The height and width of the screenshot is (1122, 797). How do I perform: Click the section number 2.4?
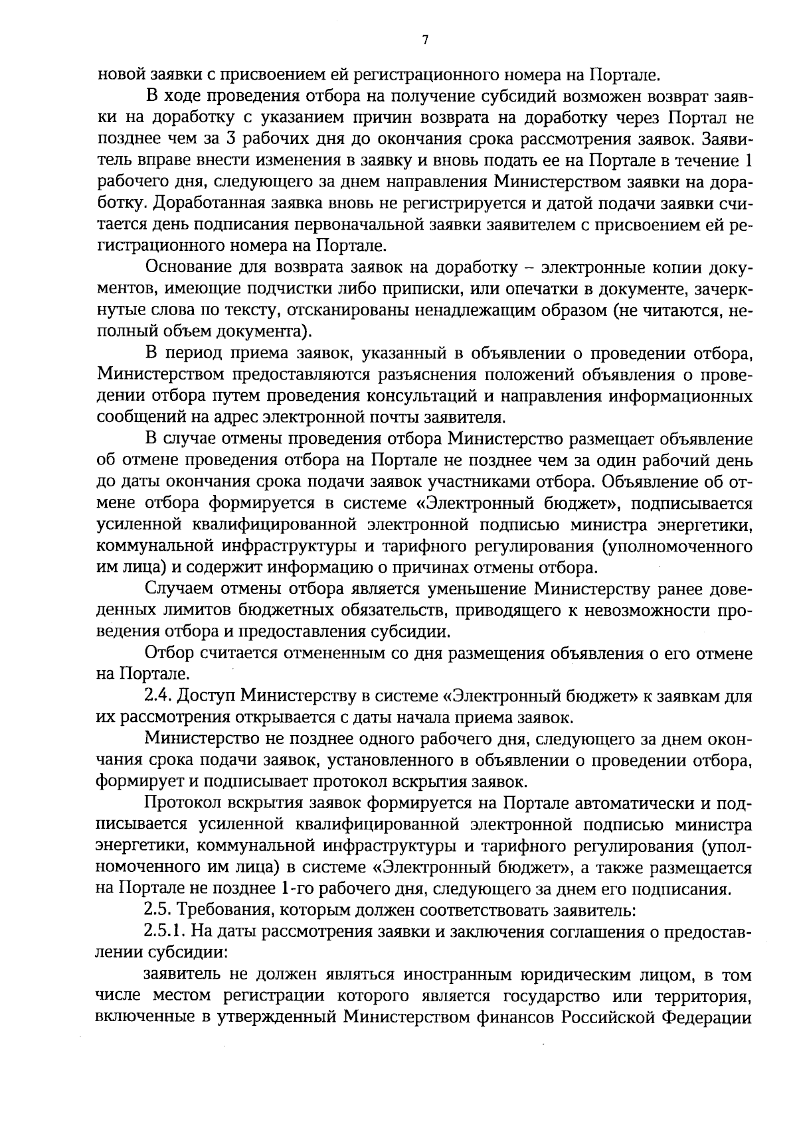[157, 696]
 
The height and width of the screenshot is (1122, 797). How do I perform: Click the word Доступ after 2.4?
[205, 696]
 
